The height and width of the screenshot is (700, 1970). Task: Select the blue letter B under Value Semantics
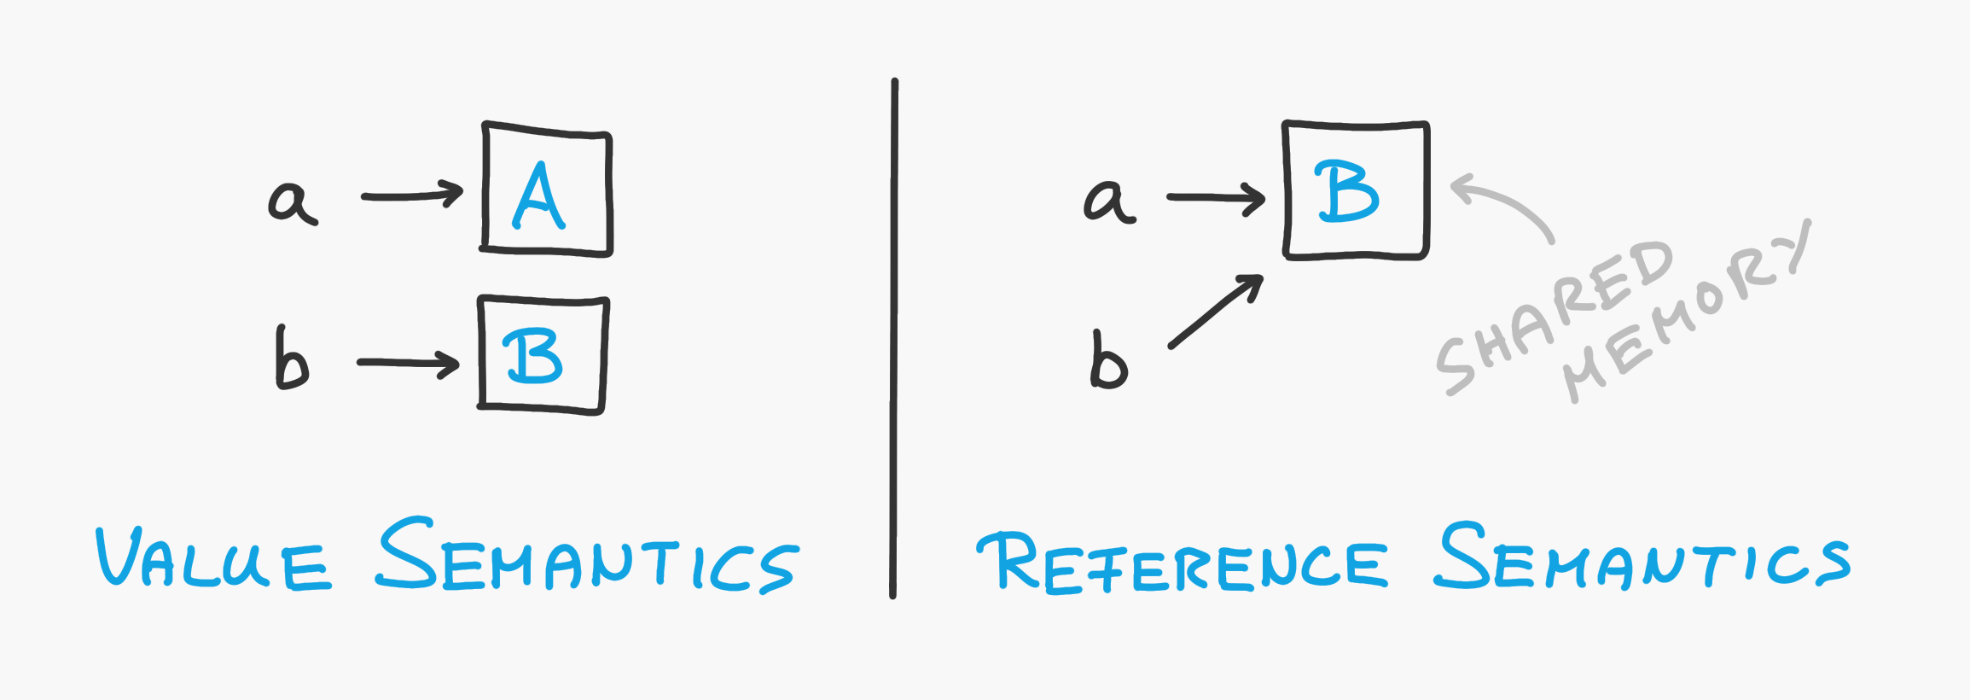[x=533, y=357]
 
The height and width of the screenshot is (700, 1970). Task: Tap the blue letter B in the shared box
[x=1347, y=192]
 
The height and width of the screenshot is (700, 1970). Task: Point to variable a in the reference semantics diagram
[x=1108, y=201]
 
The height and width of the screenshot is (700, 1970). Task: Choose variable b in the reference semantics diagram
[x=1108, y=360]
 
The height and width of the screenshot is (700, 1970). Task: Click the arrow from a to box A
[x=412, y=195]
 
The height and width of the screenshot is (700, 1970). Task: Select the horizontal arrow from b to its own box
[x=408, y=363]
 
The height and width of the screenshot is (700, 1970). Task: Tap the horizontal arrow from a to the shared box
[x=1216, y=197]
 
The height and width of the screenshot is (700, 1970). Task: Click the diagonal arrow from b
[x=1216, y=312]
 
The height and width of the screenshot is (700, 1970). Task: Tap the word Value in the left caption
[x=213, y=559]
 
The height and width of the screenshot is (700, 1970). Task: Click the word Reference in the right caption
[x=1182, y=563]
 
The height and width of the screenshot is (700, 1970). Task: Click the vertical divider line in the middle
[x=893, y=341]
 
